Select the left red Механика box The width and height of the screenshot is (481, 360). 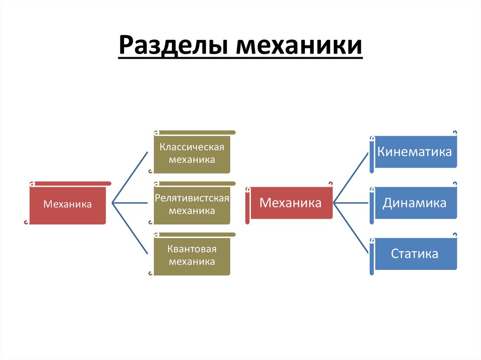click(68, 204)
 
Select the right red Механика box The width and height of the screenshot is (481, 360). click(291, 203)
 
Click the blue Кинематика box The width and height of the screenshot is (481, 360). click(415, 152)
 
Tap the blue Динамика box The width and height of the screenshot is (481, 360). click(415, 203)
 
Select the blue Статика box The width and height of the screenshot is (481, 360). click(415, 254)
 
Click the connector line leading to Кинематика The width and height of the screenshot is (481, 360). click(351, 177)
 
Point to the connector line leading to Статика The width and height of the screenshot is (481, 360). click(351, 229)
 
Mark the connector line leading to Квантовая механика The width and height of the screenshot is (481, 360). click(130, 229)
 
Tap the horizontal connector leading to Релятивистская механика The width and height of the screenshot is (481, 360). click(130, 203)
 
